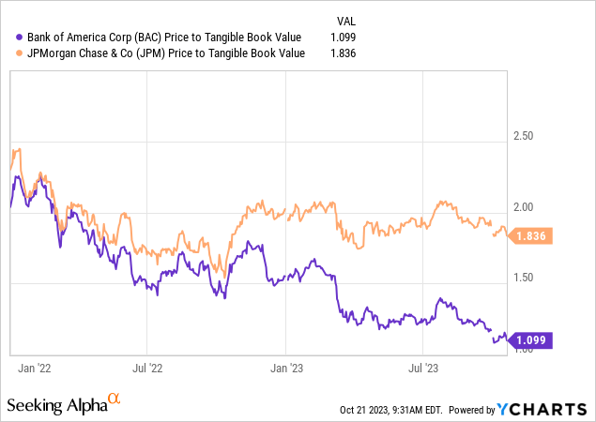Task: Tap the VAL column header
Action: [x=346, y=20]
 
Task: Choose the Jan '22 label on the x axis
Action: [x=34, y=369]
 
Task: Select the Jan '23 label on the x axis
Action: [x=286, y=369]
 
